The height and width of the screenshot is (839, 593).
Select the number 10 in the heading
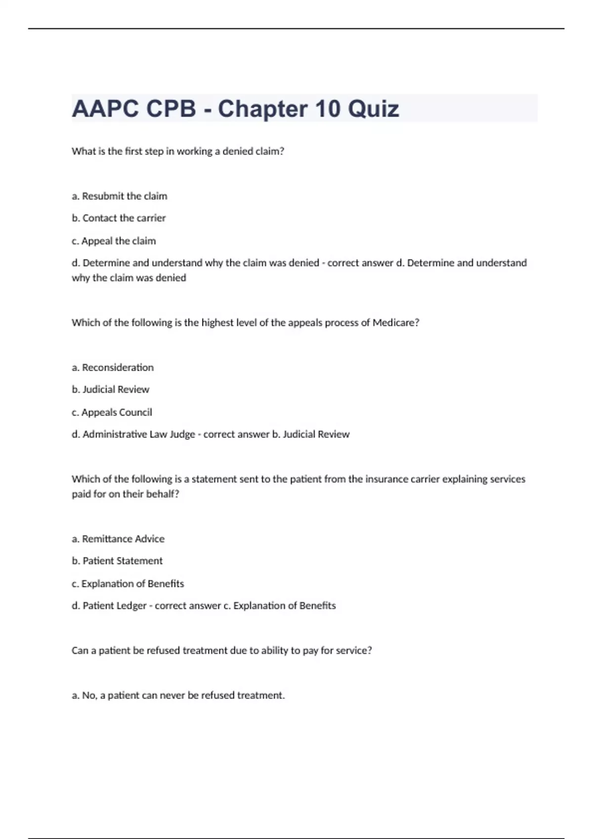pyautogui.click(x=327, y=109)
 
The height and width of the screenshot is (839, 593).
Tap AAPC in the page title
pyautogui.click(x=105, y=109)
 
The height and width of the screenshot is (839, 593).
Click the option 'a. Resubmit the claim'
pyautogui.click(x=120, y=196)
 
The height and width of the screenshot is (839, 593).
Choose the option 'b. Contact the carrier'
pyautogui.click(x=119, y=218)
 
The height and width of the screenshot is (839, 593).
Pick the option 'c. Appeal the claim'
pyautogui.click(x=114, y=241)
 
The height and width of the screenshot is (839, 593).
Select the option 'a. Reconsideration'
pyautogui.click(x=113, y=367)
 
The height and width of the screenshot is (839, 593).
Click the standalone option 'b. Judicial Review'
pyautogui.click(x=111, y=389)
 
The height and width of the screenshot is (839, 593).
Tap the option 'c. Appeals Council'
pyautogui.click(x=112, y=412)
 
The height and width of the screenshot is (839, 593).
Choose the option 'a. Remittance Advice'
pyautogui.click(x=118, y=539)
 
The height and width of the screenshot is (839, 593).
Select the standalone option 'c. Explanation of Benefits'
pyautogui.click(x=127, y=584)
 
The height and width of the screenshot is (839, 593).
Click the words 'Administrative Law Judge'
pyautogui.click(x=139, y=434)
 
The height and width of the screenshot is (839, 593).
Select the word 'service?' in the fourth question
pyautogui.click(x=353, y=650)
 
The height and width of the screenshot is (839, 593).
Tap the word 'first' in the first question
pyautogui.click(x=133, y=152)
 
